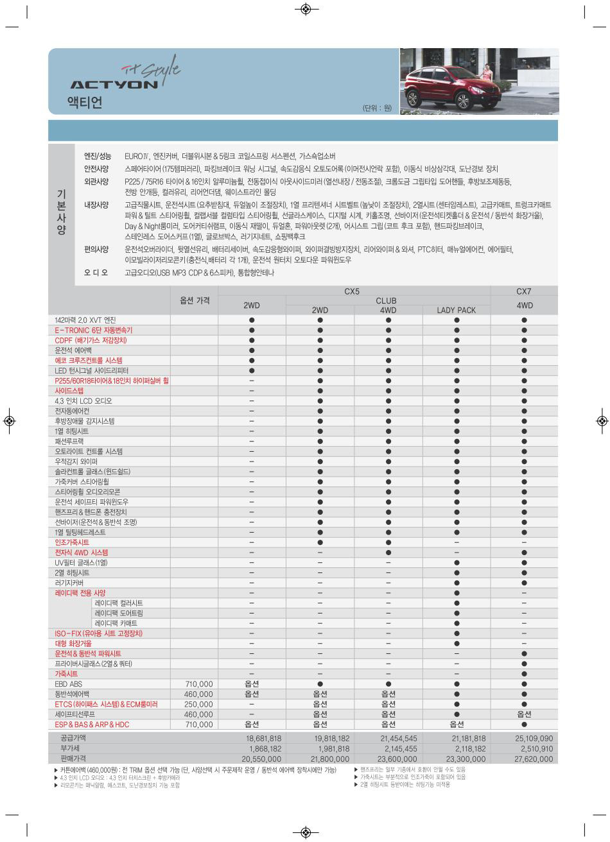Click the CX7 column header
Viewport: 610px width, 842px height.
[x=524, y=291]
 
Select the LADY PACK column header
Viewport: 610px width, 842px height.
[x=456, y=310]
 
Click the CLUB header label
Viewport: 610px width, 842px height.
[x=386, y=300]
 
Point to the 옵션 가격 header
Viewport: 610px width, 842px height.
[x=194, y=300]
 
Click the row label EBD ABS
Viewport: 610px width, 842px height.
[x=69, y=684]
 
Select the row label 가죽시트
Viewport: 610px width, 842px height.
[x=66, y=674]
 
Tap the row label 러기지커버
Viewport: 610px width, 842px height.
[x=69, y=583]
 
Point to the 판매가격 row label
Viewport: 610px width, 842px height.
[x=74, y=759]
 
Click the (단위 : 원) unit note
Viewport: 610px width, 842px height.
[x=376, y=108]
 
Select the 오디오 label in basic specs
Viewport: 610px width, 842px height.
[x=96, y=273]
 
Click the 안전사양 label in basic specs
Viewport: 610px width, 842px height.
[x=96, y=169]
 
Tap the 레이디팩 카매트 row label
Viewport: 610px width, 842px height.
[x=116, y=623]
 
